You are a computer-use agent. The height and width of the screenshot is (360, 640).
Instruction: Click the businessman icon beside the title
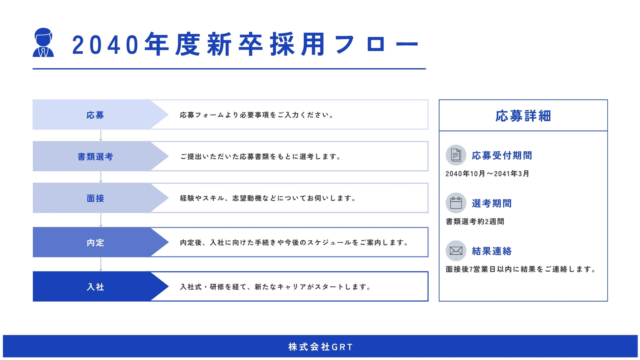pos(43,42)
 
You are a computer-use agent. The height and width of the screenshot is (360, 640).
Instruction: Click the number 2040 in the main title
pos(105,45)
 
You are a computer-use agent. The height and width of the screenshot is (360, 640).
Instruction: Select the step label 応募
pos(95,115)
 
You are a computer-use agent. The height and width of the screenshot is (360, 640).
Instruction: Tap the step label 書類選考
pos(96,156)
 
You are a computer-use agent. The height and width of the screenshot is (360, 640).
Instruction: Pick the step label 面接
pos(95,198)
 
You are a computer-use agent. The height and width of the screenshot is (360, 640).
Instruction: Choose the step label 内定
pos(95,242)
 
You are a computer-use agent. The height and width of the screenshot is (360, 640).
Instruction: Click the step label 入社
pos(95,287)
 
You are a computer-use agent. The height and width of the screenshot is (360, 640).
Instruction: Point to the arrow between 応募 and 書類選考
pos(100,136)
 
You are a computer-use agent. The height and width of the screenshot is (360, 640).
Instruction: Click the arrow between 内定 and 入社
pos(100,264)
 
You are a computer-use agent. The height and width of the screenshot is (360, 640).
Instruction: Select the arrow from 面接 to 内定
pos(100,220)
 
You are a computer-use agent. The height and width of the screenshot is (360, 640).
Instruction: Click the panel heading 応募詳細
pos(523,116)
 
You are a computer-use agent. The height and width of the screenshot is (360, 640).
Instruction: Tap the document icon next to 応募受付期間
pos(456,155)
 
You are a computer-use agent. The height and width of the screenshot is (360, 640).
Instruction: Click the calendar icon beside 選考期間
pos(456,203)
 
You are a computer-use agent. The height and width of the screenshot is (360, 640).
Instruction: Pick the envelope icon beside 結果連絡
pos(456,251)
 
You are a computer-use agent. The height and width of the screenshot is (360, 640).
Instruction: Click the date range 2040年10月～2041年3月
pos(487,174)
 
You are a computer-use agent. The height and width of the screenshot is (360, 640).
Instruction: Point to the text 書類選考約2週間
pos(475,222)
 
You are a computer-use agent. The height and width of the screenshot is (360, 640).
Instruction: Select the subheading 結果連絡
pos(492,251)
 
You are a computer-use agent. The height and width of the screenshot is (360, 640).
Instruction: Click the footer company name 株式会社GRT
pos(320,347)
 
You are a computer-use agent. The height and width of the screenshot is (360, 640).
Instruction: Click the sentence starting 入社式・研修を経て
pos(275,286)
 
